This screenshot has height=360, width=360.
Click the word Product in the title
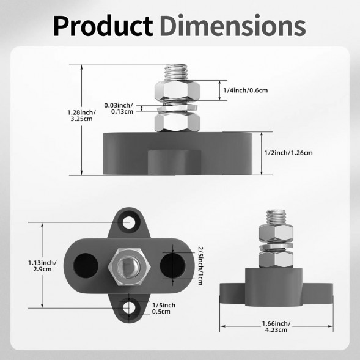click(x=103, y=26)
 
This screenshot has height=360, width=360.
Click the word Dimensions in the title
click(x=233, y=25)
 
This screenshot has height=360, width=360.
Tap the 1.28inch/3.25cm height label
click(x=81, y=116)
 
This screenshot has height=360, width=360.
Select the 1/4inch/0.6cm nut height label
click(x=246, y=90)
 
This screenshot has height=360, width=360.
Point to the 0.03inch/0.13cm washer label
click(x=119, y=108)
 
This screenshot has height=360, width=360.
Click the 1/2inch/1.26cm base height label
click(x=288, y=153)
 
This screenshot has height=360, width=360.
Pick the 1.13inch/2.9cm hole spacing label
click(x=42, y=266)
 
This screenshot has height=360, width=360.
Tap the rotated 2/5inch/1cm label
click(x=200, y=266)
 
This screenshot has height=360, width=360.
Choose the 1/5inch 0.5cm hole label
click(x=164, y=308)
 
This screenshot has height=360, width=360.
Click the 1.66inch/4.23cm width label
click(x=276, y=327)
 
